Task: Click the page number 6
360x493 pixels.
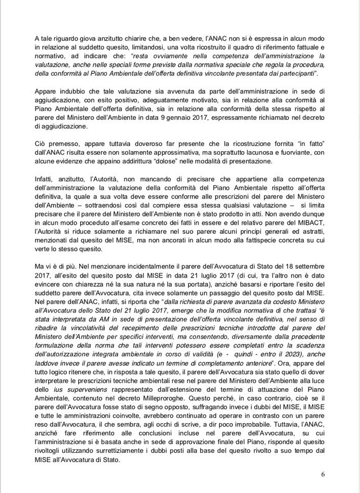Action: (322, 474)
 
